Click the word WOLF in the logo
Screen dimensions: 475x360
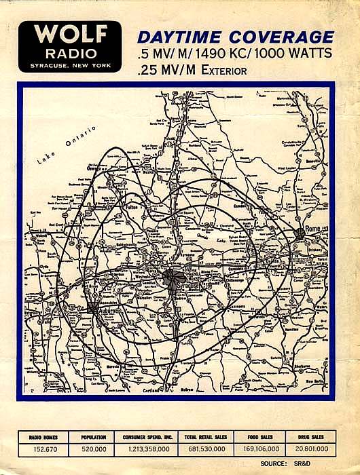70,35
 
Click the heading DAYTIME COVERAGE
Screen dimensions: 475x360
236,37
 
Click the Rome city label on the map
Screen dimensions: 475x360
313,229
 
